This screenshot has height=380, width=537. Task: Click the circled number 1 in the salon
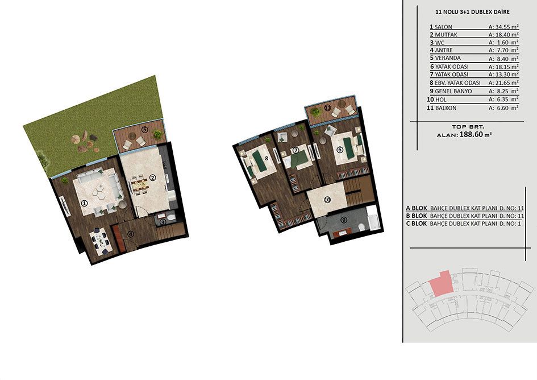84,203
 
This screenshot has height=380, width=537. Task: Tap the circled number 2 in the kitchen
152,177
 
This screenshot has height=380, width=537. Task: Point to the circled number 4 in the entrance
131,234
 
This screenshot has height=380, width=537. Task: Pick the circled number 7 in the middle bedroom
296,150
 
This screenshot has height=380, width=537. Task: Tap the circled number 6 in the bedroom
339,150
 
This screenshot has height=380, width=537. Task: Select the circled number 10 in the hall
327,199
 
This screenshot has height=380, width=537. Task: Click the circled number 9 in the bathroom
344,221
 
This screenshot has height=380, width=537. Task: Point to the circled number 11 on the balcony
327,108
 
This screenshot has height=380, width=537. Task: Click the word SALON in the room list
443,27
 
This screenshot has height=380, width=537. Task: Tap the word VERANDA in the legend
448,58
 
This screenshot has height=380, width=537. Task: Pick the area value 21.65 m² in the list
503,82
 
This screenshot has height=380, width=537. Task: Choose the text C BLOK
417,223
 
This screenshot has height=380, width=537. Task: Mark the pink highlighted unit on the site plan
442,284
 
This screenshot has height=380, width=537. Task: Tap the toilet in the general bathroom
360,227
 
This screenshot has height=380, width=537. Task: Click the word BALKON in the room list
446,108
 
